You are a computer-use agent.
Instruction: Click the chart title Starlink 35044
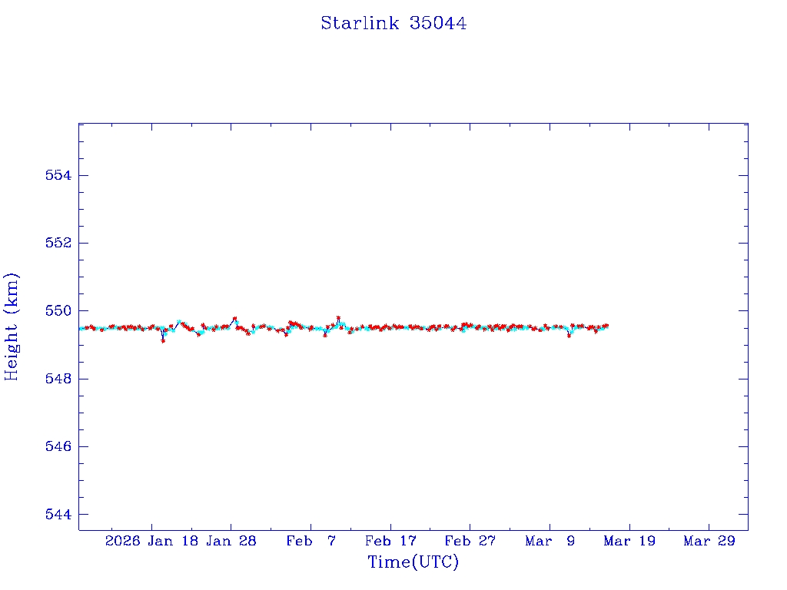[x=393, y=23]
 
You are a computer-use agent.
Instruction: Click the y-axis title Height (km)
[x=12, y=326]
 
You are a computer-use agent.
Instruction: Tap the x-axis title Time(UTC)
[x=413, y=562]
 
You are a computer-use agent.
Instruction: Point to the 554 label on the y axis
[x=58, y=175]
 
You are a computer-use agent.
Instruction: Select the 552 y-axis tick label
[x=58, y=243]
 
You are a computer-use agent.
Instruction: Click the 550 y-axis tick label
[x=58, y=311]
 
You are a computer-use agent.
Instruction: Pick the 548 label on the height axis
[x=58, y=379]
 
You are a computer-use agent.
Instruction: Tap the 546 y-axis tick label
[x=58, y=446]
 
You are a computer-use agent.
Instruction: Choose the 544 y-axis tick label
[x=58, y=514]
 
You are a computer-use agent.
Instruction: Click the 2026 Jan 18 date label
[x=151, y=541]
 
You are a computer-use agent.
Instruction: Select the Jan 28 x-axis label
[x=231, y=541]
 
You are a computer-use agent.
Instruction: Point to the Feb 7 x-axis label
[x=311, y=541]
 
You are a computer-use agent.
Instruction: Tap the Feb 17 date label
[x=390, y=541]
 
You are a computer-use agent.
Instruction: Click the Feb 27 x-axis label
[x=470, y=541]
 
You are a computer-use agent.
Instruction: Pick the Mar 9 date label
[x=550, y=541]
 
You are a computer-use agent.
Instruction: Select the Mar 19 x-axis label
[x=629, y=541]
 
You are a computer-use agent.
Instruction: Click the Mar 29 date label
[x=709, y=541]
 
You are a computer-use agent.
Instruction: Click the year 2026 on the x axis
[x=123, y=541]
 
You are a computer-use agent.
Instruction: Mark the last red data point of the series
[x=606, y=326]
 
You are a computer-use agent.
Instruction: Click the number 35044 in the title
[x=438, y=23]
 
